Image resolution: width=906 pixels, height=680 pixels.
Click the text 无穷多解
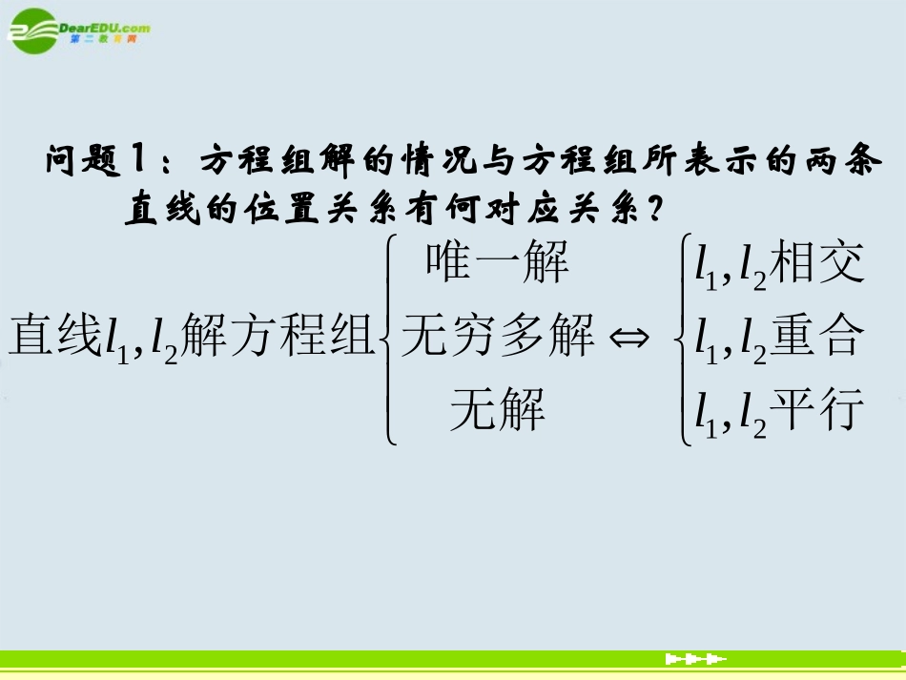click(498, 336)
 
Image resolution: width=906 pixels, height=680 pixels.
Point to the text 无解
click(498, 410)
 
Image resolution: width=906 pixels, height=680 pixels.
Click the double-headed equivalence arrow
click(631, 338)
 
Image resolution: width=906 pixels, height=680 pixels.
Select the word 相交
click(816, 263)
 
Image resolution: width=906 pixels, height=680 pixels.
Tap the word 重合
click(816, 336)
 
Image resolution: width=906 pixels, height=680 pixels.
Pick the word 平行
click(816, 410)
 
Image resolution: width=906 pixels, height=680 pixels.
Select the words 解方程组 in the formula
click(277, 336)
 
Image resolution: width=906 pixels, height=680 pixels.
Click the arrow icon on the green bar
click(695, 659)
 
